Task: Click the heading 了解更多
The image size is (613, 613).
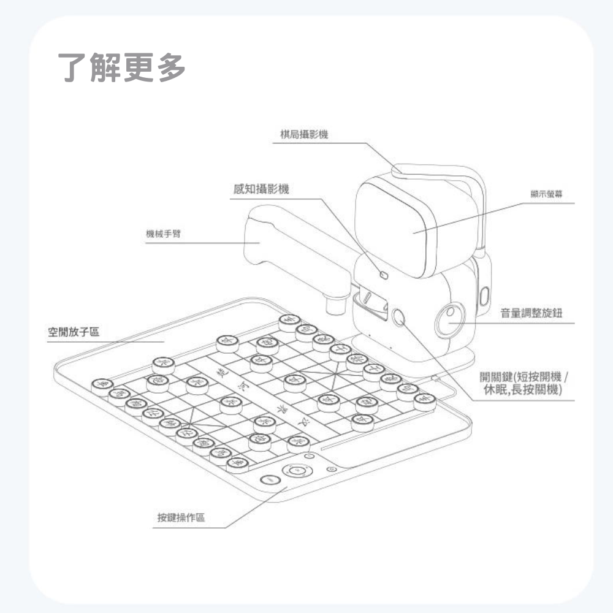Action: point(122,67)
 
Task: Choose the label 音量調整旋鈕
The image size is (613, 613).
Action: point(531,313)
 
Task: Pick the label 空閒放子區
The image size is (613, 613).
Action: point(74,332)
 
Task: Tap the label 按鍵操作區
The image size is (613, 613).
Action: point(181,518)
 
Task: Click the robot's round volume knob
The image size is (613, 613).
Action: point(451,320)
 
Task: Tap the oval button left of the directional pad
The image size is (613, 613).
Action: point(267,481)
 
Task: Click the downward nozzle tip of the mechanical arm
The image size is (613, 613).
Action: point(334,304)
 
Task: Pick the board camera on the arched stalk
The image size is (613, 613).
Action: point(398,169)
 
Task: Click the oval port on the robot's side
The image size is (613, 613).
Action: point(484,295)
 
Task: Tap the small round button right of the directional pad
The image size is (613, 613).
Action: point(332,469)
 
